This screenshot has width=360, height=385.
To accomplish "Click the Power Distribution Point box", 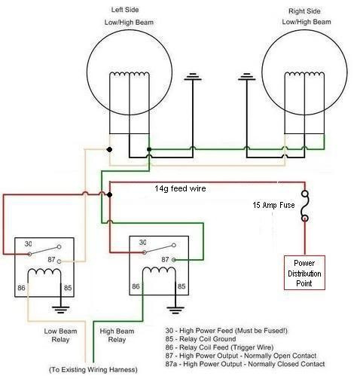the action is (304, 273).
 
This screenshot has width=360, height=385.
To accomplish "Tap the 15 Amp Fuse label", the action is (273, 205).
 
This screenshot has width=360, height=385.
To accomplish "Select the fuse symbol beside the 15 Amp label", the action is (305, 206).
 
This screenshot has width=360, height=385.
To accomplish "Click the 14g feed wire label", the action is (180, 188).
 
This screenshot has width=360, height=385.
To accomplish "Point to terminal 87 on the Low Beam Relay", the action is (59, 261).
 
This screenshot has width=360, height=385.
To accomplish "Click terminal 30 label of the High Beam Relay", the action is (143, 243).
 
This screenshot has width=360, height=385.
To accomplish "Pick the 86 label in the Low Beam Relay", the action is (21, 288).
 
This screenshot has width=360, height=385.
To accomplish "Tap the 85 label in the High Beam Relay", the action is (182, 286).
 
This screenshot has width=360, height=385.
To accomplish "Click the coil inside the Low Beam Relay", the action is (44, 272).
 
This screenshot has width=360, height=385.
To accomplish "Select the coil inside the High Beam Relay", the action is (159, 270).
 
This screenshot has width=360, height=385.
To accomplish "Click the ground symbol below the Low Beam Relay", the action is (61, 310).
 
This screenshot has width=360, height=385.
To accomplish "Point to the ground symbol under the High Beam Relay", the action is (175, 310).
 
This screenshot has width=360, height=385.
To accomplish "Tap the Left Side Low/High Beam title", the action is (129, 16).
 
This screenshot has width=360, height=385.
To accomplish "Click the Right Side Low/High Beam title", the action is (307, 17).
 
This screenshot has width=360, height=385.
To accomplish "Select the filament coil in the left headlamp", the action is (130, 75).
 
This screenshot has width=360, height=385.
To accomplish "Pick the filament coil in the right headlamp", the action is (304, 75).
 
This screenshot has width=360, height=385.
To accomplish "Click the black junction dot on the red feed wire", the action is (109, 194).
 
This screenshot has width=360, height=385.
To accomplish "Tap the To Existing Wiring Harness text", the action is (93, 370).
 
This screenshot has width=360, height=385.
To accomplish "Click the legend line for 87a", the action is (245, 364).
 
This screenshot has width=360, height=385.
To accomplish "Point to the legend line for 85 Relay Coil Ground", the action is (200, 339).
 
